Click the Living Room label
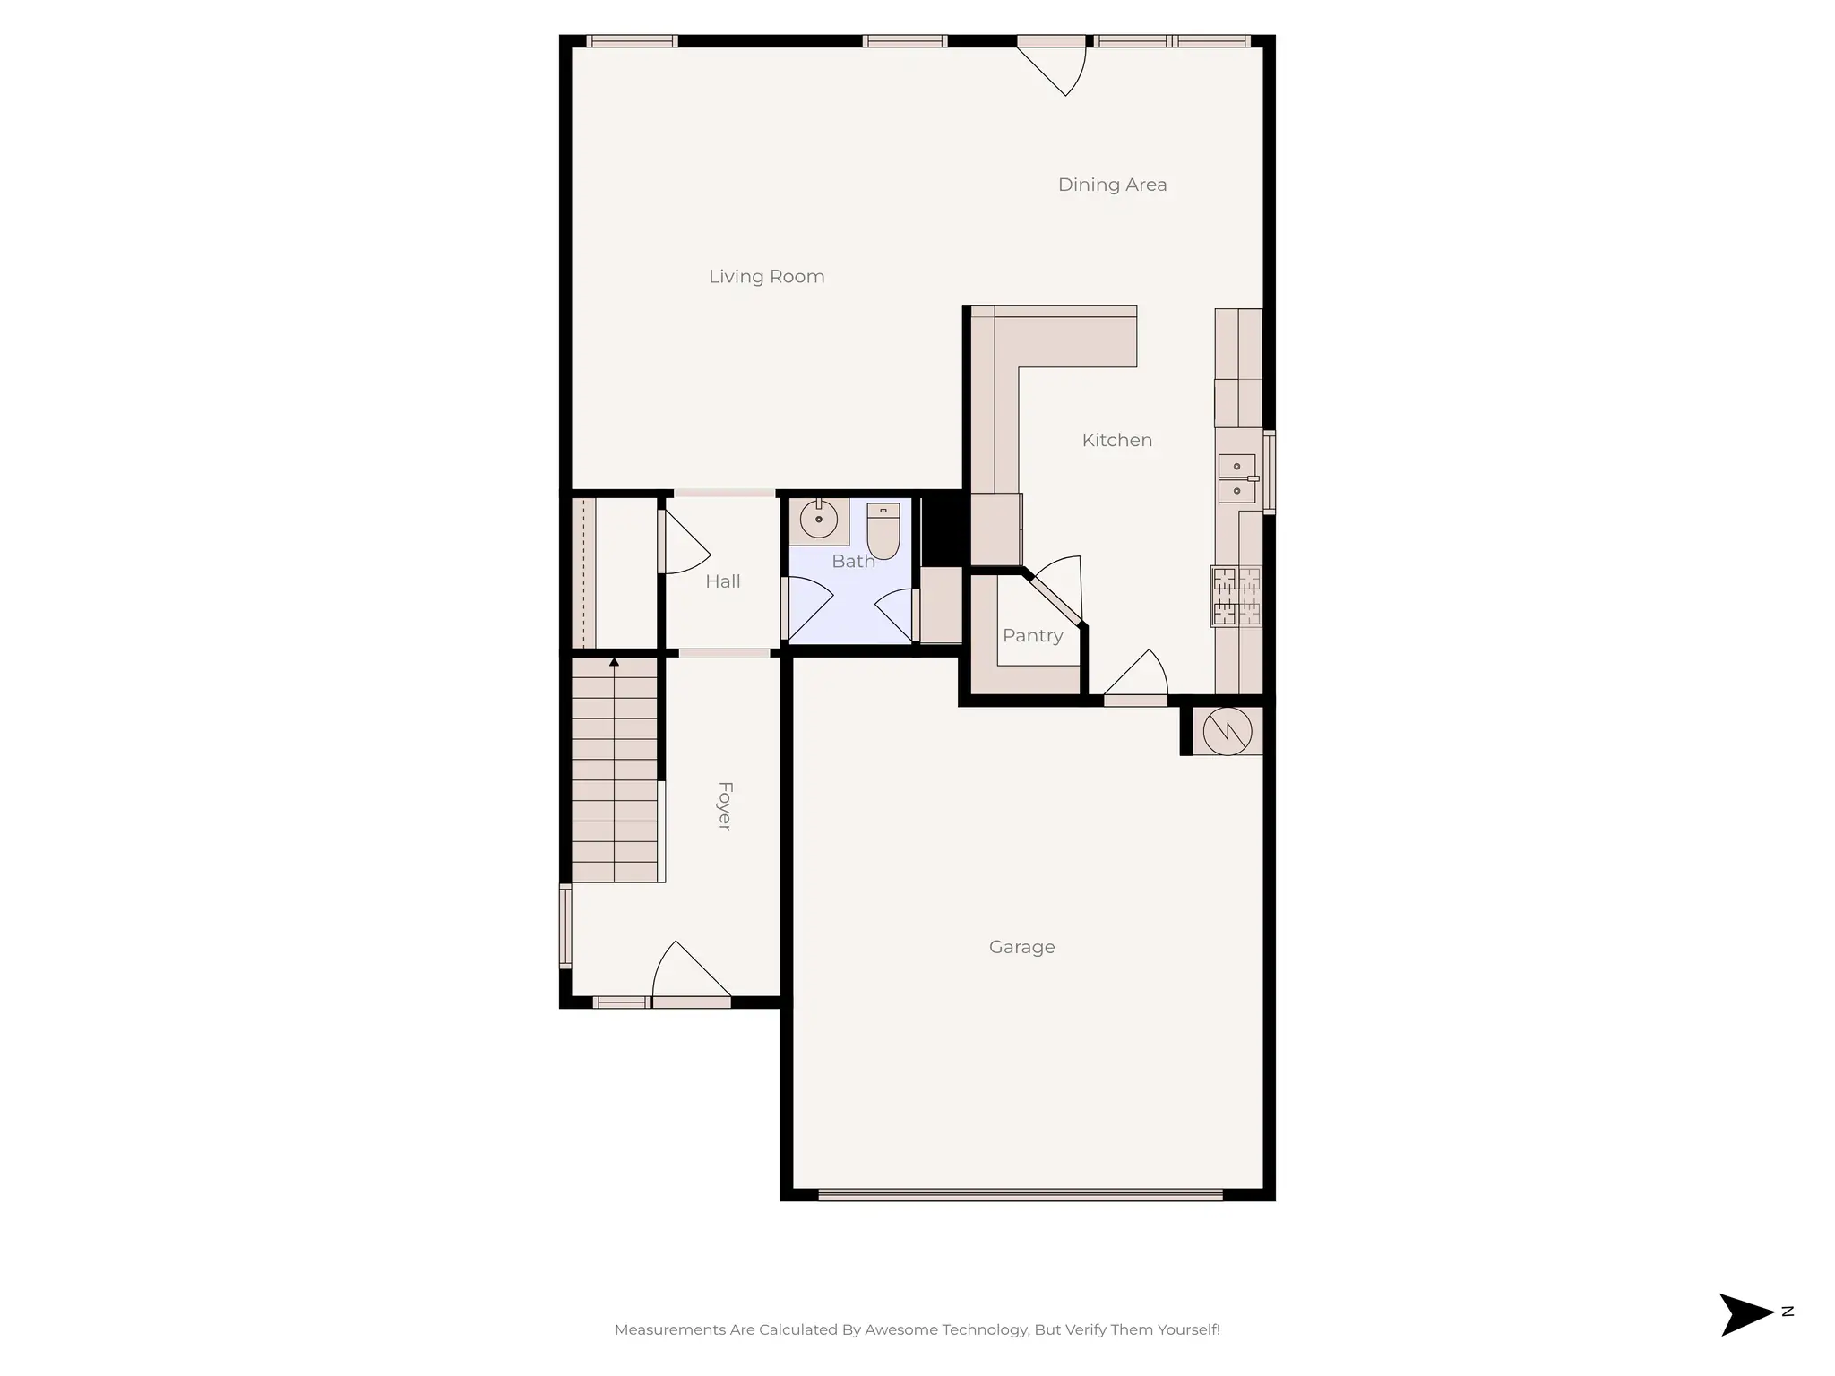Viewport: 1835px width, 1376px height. (766, 277)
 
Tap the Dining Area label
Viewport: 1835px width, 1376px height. (1112, 185)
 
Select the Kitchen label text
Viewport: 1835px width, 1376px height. (1116, 440)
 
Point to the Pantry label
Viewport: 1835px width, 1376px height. (1032, 635)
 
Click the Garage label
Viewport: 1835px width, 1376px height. (1021, 947)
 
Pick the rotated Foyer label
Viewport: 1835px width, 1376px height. (725, 806)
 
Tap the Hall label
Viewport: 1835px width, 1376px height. (722, 581)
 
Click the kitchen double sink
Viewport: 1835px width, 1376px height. (1236, 478)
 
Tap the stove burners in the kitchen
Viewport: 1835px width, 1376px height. (1236, 596)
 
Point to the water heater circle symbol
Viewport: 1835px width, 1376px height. (1226, 731)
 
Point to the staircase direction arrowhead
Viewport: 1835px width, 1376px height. (614, 662)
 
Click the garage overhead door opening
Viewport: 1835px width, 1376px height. (1020, 1194)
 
